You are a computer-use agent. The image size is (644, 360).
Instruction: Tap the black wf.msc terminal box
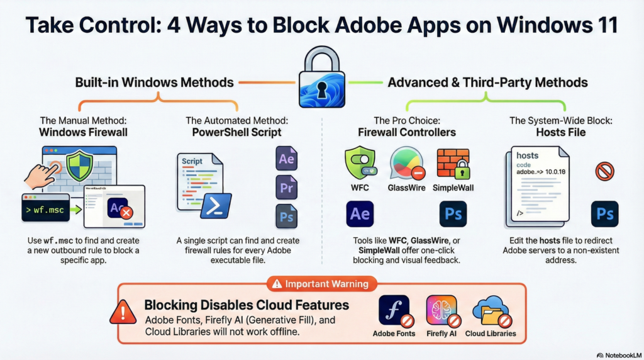45,207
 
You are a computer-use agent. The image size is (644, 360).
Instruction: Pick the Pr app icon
286,188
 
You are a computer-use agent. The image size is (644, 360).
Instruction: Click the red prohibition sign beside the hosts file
604,171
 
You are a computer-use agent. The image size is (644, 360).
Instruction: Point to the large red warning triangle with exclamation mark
123,312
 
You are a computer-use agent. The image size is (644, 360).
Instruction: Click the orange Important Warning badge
322,284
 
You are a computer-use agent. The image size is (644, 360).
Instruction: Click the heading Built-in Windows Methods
154,82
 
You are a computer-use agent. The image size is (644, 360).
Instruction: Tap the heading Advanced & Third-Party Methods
487,82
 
